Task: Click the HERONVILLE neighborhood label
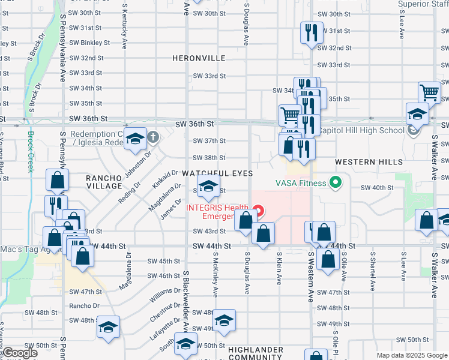[x=199, y=58]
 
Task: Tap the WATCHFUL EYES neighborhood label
[x=216, y=173]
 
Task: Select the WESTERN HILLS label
[x=360, y=163]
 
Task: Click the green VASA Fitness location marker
[x=335, y=183]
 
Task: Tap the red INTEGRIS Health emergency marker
[x=259, y=210]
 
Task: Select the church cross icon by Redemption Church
[x=152, y=137]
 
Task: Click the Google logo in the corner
[x=19, y=353]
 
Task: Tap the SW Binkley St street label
[x=89, y=43]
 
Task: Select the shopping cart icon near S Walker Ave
[x=430, y=92]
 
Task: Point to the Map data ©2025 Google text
[x=411, y=355]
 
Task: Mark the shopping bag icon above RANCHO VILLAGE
[x=57, y=179]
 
